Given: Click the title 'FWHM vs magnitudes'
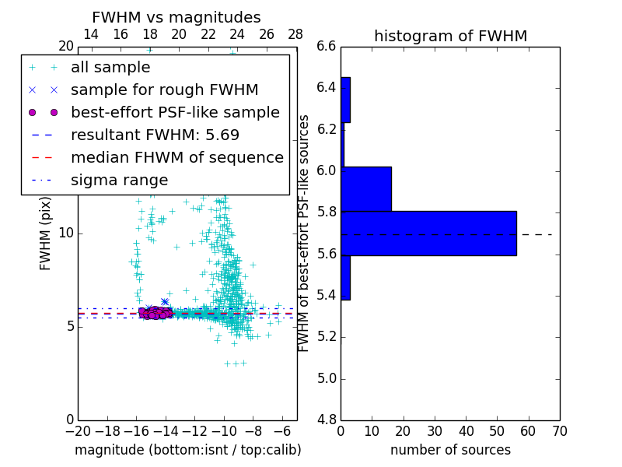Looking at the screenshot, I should click(x=176, y=17).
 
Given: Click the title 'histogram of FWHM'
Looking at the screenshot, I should click(x=450, y=36).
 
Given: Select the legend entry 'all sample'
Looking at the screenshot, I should click(x=110, y=68).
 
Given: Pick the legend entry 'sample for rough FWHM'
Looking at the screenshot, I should click(x=164, y=90).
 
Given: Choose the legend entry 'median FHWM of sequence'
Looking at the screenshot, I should click(x=176, y=157).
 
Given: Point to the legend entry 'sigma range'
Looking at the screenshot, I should click(x=119, y=180).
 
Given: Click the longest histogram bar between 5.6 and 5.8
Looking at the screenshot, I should click(x=428, y=233).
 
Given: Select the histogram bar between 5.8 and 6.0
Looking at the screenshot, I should click(x=366, y=188).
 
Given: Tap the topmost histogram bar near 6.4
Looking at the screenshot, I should click(x=345, y=100).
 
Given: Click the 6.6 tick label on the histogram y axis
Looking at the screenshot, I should click(x=327, y=47).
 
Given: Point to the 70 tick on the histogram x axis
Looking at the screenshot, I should click(x=559, y=430).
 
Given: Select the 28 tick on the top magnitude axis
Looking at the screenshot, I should click(x=295, y=35).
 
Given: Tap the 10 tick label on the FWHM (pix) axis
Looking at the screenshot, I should click(x=65, y=233).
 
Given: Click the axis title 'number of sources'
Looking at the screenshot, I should click(x=450, y=450).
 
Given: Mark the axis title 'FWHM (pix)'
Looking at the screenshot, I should click(x=46, y=233).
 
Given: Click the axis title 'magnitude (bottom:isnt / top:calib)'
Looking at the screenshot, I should click(x=187, y=450).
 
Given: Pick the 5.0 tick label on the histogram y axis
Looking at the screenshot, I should click(x=327, y=378).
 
